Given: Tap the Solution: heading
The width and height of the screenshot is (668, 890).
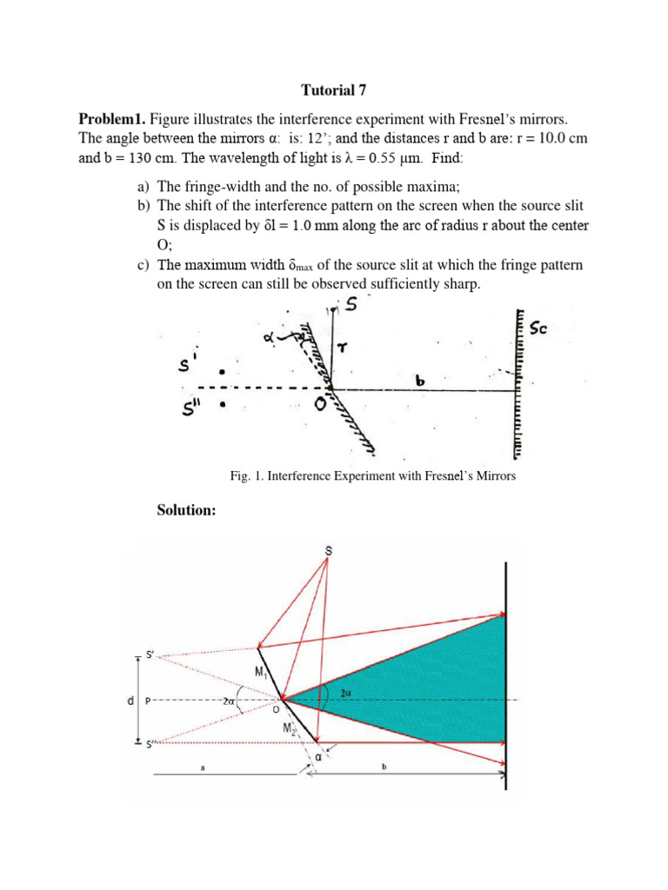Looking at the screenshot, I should pos(185,510).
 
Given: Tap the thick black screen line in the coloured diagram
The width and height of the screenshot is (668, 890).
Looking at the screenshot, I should pos(506,678).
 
